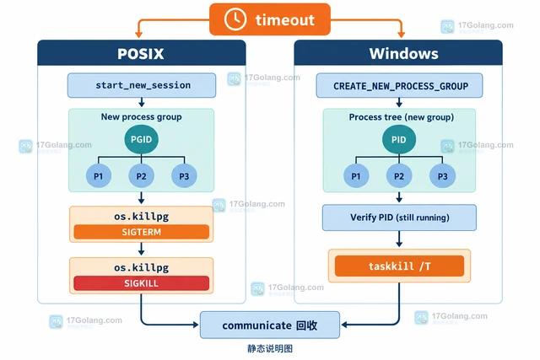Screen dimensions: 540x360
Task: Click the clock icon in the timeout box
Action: [235, 19]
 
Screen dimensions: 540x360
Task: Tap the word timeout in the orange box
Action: [285, 20]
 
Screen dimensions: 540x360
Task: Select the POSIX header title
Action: [141, 54]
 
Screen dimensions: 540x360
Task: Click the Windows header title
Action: [403, 54]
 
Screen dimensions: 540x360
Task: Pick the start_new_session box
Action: [142, 85]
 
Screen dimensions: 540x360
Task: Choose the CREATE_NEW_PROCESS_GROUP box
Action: [399, 85]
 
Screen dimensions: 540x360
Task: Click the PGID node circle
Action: [141, 139]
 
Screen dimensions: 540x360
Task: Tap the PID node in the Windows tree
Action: [399, 139]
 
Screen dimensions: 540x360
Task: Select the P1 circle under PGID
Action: [99, 176]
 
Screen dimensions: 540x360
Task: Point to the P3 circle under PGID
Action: [184, 176]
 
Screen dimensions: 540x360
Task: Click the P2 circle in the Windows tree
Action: [399, 176]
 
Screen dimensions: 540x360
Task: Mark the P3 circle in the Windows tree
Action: [442, 176]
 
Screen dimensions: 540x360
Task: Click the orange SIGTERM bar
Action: [141, 232]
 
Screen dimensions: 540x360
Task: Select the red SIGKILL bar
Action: [141, 283]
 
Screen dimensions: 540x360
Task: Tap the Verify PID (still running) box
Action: [399, 218]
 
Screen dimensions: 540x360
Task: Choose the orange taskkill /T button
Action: [399, 266]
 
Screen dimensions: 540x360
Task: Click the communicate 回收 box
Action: [270, 325]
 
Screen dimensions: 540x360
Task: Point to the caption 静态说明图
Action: [270, 349]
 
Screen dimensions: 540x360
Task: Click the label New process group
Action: [141, 116]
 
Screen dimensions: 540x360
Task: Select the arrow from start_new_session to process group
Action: [141, 102]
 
